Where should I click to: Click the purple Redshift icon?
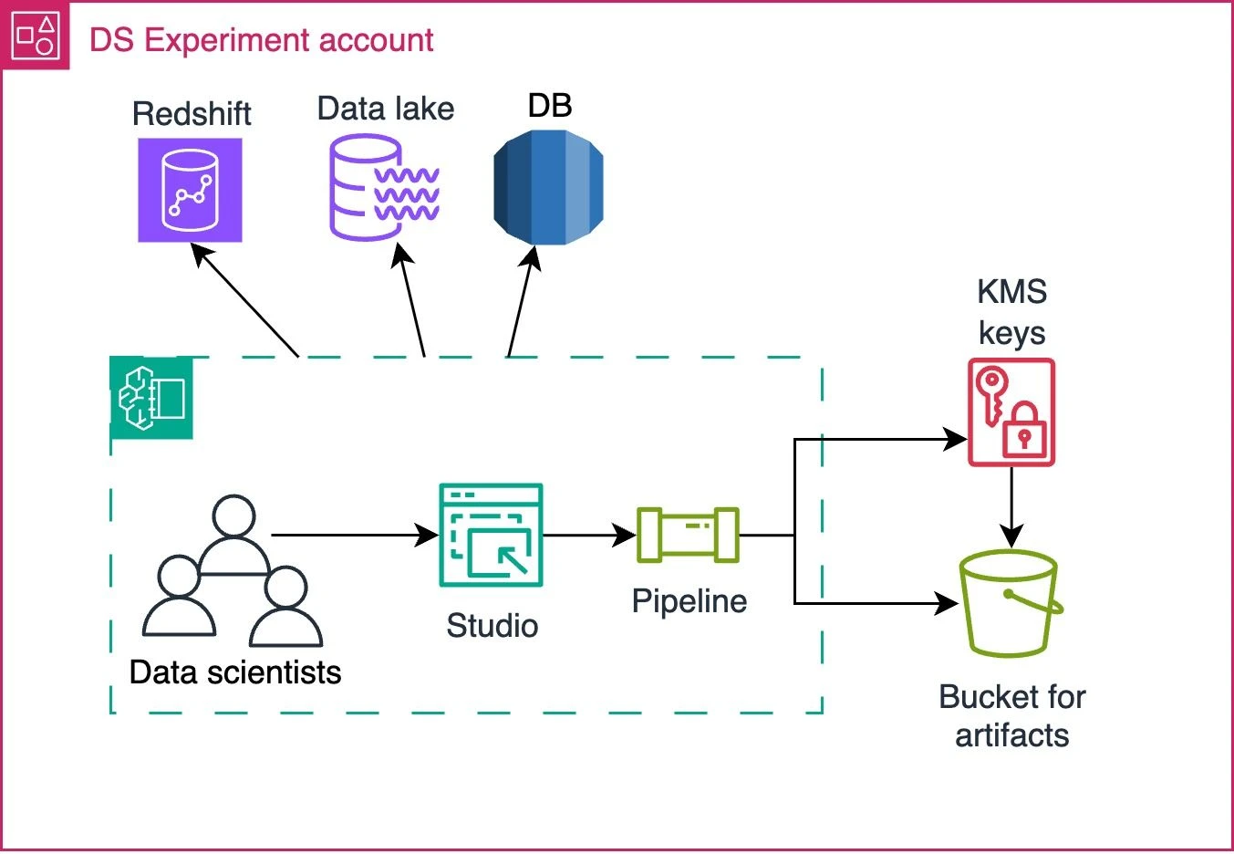[190, 190]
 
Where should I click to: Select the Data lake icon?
[384, 187]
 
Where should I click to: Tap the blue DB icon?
[548, 187]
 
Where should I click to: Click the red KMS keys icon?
[1011, 412]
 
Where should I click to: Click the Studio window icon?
[491, 535]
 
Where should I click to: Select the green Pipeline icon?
[688, 535]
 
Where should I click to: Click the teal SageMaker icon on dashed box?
[151, 398]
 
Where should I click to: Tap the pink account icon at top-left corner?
[36, 36]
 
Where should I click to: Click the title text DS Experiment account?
[262, 40]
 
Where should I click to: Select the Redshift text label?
[192, 114]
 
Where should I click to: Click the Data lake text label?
[386, 109]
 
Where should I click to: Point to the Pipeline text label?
[690, 601]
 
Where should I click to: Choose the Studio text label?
[492, 626]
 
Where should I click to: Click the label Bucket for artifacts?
[1011, 716]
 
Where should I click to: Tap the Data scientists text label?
[235, 672]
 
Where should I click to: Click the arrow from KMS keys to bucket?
[1011, 507]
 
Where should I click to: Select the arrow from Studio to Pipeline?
[589, 535]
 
